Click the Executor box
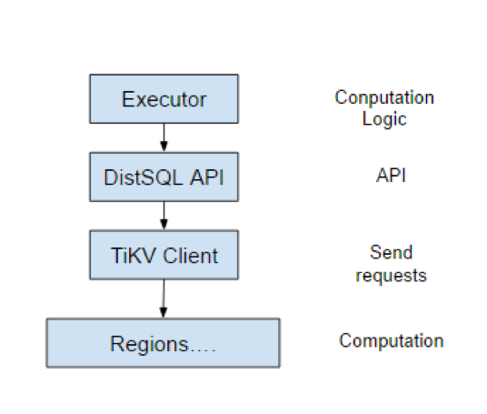click(164, 99)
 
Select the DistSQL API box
click(164, 177)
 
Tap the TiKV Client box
click(164, 255)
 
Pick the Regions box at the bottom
click(164, 344)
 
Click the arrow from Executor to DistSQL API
click(164, 137)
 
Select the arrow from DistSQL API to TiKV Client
click(164, 216)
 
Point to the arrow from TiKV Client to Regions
click(164, 298)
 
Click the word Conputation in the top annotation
click(384, 97)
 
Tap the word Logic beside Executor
click(384, 118)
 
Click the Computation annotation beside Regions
click(392, 341)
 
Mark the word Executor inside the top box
click(164, 99)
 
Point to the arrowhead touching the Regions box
click(164, 313)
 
